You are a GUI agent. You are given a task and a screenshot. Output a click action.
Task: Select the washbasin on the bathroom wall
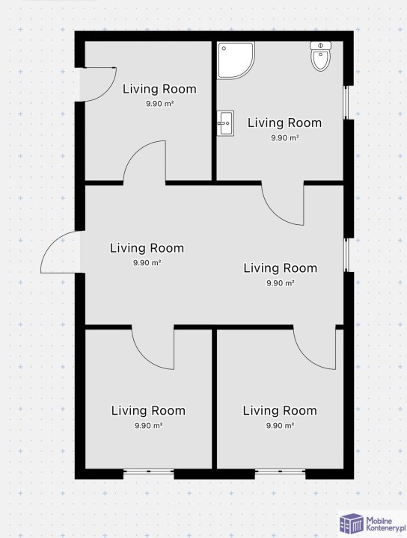pos(225,123)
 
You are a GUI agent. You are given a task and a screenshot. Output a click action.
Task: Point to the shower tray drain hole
pos(224,49)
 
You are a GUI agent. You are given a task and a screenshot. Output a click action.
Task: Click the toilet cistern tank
pos(320,46)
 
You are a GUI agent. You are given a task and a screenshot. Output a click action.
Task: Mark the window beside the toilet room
pos(346,102)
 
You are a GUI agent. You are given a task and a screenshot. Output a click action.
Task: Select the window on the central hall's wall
pos(346,255)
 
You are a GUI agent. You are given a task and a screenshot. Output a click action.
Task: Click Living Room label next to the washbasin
pos(284,123)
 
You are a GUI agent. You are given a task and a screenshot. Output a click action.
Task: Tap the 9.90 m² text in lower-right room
pos(280,426)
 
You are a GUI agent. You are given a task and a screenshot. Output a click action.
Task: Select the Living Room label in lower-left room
pos(148,411)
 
